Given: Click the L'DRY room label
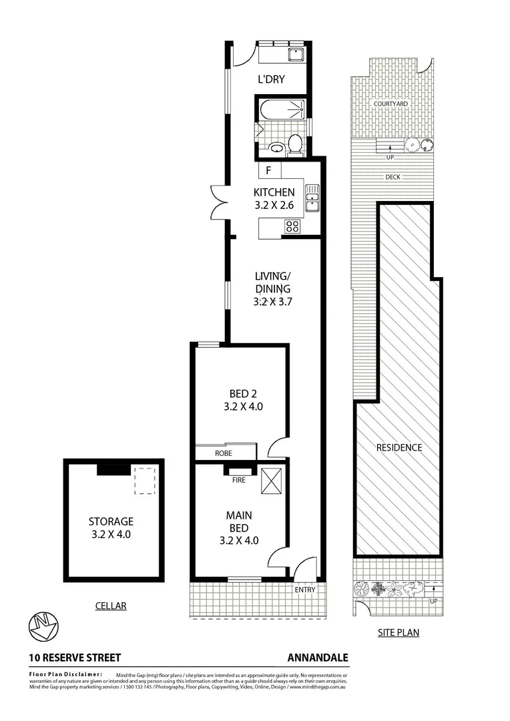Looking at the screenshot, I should (x=272, y=79).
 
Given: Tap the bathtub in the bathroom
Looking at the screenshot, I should (x=281, y=109).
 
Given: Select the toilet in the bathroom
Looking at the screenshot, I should (x=294, y=143).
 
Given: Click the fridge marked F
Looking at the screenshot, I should (x=268, y=170).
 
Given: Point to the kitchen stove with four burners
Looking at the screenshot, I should (x=292, y=226).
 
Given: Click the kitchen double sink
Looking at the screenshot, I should (x=312, y=198).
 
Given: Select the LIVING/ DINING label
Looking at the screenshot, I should (x=274, y=282).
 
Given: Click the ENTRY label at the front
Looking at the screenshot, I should (x=305, y=590).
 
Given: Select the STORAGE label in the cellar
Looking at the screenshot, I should (x=111, y=521).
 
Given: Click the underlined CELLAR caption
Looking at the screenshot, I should (x=110, y=606).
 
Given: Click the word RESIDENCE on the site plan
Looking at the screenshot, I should (x=399, y=447).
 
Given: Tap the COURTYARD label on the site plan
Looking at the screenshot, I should (x=391, y=105).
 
